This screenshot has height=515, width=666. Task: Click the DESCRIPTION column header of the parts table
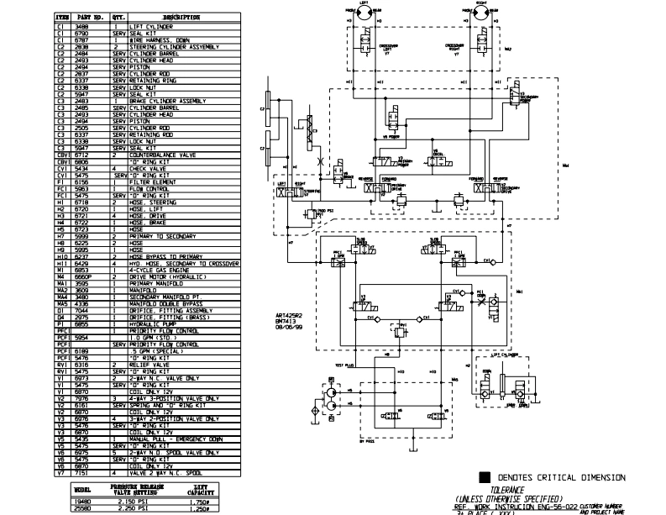(x=176, y=16)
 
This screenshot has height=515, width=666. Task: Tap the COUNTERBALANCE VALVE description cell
(x=165, y=155)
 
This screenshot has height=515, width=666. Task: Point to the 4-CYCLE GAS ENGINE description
(x=164, y=269)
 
